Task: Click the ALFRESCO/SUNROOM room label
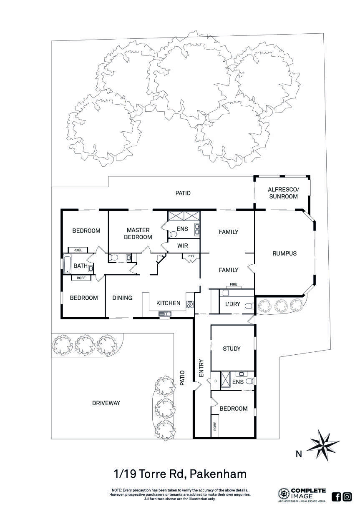pos(283,193)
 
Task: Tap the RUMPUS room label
pos(284,253)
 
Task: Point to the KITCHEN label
pos(168,303)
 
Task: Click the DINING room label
pos(122,298)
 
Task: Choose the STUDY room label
pos(232,349)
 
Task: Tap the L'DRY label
pos(232,304)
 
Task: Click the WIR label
pos(183,246)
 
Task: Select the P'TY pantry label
pos(191,256)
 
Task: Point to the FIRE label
pos(234,285)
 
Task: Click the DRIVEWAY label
pos(106,403)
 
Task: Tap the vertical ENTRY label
pos(201,369)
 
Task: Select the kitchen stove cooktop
pos(190,304)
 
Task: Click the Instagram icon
pos(347,496)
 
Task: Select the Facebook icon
pos(336,496)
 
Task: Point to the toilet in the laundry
pos(249,306)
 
